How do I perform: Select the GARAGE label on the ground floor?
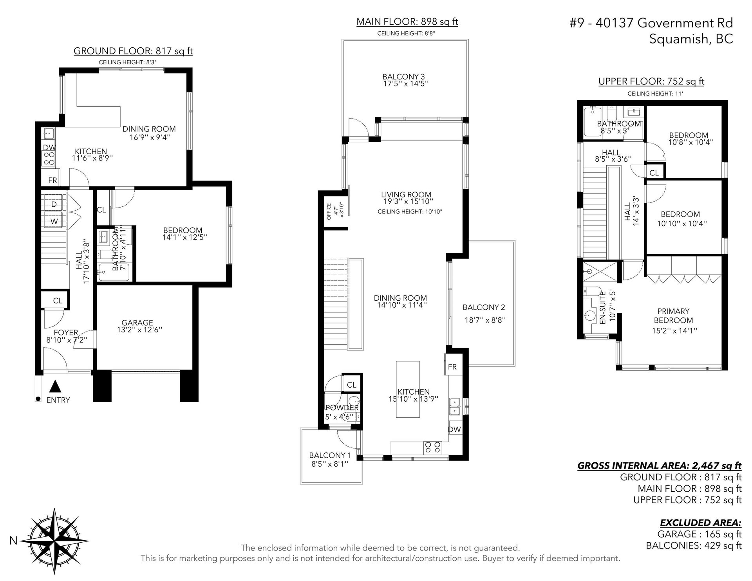[137, 323]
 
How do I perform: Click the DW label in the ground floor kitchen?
[49, 148]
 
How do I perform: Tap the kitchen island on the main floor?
[408, 389]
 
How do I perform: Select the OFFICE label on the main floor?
[329, 212]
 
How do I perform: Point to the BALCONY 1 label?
[330, 455]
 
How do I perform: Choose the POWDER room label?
[342, 408]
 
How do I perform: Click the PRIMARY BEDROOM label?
[673, 316]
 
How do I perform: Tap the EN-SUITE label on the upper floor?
[603, 307]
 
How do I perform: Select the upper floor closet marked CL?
[654, 173]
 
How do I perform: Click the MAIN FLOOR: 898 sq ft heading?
[407, 22]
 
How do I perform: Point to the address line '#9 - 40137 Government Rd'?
[651, 23]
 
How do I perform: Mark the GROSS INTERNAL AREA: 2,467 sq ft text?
[660, 466]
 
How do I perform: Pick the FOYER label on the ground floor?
[66, 332]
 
